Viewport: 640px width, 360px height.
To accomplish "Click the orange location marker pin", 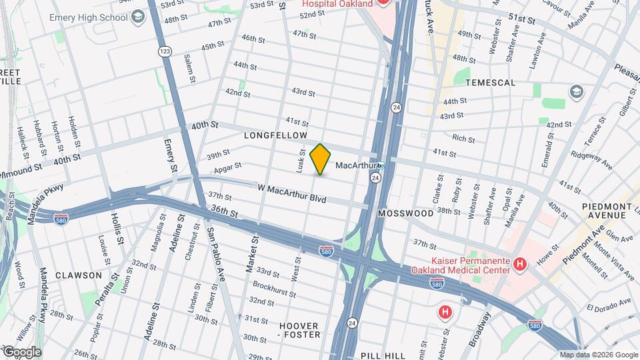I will (320, 159).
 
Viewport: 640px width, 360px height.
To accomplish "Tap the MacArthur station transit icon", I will (381, 165).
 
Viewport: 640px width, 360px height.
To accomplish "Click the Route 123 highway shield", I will (163, 51).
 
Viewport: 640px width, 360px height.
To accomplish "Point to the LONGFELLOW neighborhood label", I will (275, 135).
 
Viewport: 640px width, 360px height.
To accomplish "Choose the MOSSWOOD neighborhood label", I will (405, 213).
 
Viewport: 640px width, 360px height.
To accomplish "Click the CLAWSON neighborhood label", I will (79, 275).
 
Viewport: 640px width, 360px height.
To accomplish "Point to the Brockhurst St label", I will (274, 287).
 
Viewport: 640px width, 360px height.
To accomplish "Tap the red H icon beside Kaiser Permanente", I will (520, 264).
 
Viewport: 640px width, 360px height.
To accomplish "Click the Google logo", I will (21, 352).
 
